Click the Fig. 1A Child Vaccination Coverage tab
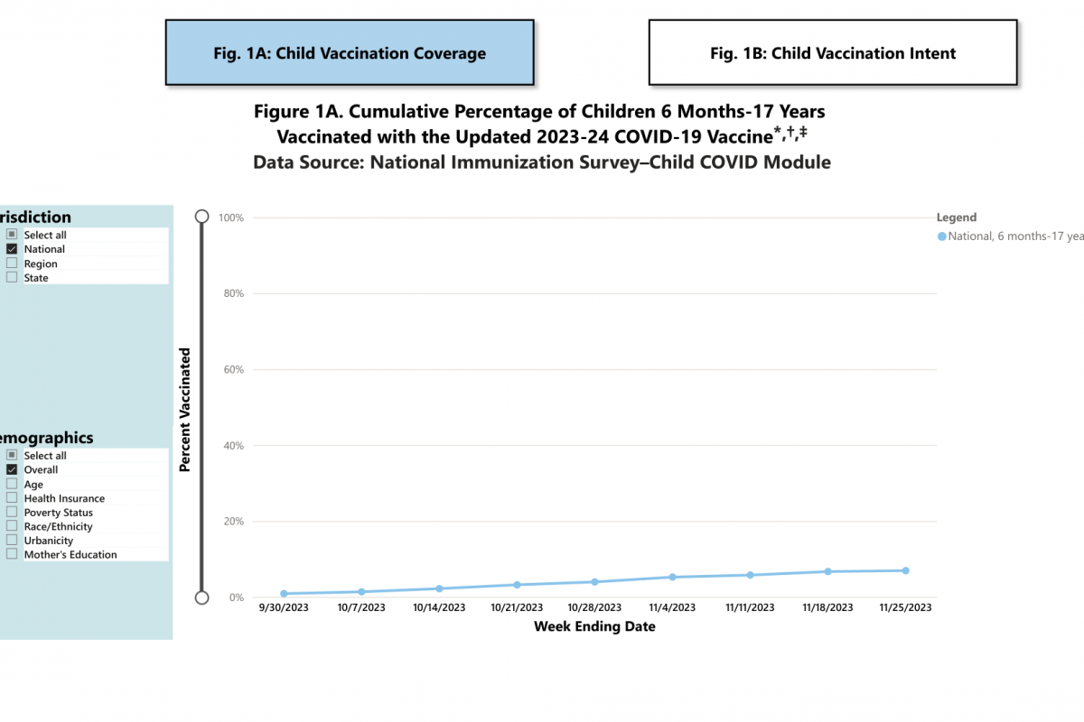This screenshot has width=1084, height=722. click(350, 53)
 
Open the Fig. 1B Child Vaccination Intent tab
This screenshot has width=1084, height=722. click(833, 53)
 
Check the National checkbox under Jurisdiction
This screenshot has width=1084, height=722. click(12, 249)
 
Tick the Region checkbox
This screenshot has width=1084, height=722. click(12, 264)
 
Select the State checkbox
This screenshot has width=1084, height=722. click(12, 278)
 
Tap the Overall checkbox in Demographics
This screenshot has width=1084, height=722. click(12, 469)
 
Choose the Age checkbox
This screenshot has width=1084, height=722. click(12, 484)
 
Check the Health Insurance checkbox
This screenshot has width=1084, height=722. click(12, 498)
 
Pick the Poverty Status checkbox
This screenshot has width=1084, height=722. click(12, 513)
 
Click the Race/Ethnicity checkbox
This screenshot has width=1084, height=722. click(12, 526)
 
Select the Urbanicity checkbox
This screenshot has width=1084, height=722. click(12, 541)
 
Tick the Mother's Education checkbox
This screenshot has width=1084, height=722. click(12, 554)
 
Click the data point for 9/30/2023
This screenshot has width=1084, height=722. click(284, 594)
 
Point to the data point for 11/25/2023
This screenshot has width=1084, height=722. click(905, 570)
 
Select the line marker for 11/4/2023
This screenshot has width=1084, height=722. click(672, 577)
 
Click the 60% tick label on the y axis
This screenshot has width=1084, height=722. click(232, 370)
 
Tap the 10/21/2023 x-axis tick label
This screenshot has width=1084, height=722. click(517, 608)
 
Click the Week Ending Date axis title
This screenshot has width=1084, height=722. click(594, 626)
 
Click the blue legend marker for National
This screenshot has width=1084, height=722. click(942, 236)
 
